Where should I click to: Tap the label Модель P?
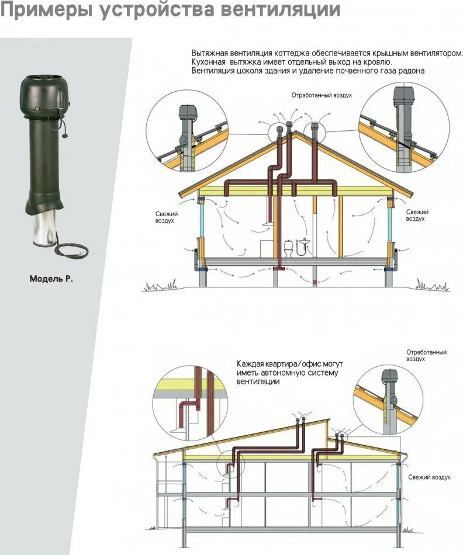pyautogui.click(x=51, y=279)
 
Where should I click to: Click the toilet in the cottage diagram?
pyautogui.click(x=288, y=249)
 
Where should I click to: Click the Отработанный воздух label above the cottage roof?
pyautogui.click(x=322, y=95)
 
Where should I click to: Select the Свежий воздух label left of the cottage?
pyautogui.click(x=166, y=217)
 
